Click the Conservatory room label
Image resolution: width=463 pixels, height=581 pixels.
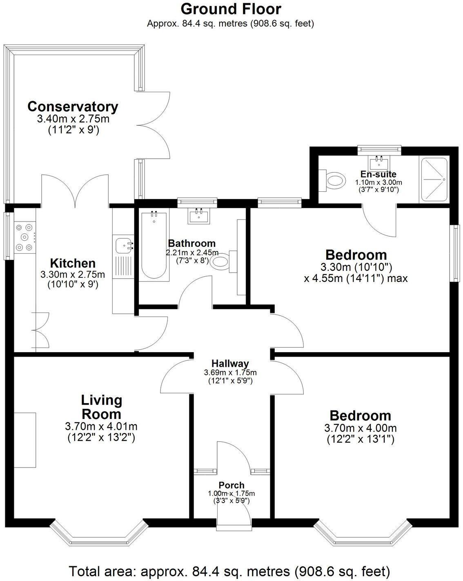tap(73, 106)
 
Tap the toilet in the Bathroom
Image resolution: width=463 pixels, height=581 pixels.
tap(223, 261)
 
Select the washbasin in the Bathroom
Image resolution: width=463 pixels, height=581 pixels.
tap(199, 215)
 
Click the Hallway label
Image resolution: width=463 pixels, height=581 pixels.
tap(230, 363)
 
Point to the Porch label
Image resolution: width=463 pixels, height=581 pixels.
tap(231, 485)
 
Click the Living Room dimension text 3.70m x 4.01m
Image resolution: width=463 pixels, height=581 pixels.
tap(101, 427)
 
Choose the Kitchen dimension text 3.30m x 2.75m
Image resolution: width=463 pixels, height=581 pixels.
tap(73, 275)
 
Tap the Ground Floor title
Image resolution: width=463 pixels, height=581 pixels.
tap(231, 9)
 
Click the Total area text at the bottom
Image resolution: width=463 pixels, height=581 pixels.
tap(229, 570)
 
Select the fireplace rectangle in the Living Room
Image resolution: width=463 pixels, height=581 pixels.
tap(25, 440)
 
